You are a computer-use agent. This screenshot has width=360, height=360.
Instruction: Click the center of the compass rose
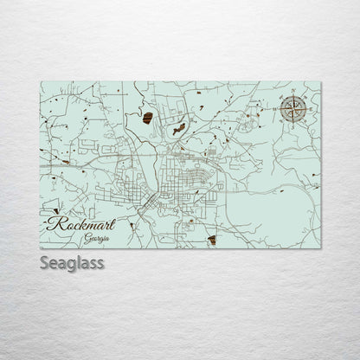(292, 110)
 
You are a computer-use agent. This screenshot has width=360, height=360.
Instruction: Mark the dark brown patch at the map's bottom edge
(212, 240)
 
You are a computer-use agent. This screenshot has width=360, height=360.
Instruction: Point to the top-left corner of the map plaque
(40, 81)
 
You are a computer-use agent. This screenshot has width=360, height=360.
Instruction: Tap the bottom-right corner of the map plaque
(321, 248)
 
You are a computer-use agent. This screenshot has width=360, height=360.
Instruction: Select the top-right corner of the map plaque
(321, 81)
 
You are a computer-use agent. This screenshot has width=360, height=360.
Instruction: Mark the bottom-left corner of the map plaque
(40, 248)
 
